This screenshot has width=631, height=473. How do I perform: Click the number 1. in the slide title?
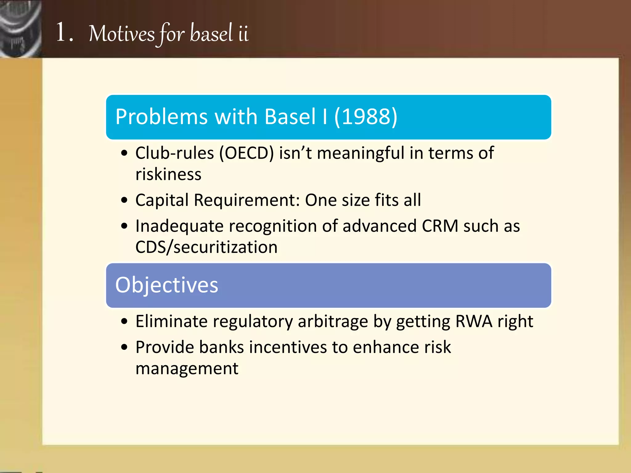point(64,33)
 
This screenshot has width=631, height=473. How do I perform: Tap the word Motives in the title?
point(122,34)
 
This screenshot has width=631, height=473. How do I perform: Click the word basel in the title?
point(211,33)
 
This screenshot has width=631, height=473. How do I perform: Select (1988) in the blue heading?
point(366,117)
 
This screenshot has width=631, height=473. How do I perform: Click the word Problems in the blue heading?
point(161,117)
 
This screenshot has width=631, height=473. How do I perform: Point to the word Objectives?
point(167,285)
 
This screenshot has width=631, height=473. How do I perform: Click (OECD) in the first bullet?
point(246,153)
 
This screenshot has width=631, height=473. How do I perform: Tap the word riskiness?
point(168,174)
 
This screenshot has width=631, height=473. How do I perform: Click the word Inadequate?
point(179,226)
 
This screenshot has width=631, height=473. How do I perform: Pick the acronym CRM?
point(440,226)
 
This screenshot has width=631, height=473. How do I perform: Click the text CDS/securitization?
point(206,247)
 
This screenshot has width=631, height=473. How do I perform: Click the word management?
point(187,369)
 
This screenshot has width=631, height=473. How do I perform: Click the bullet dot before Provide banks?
point(124,348)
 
